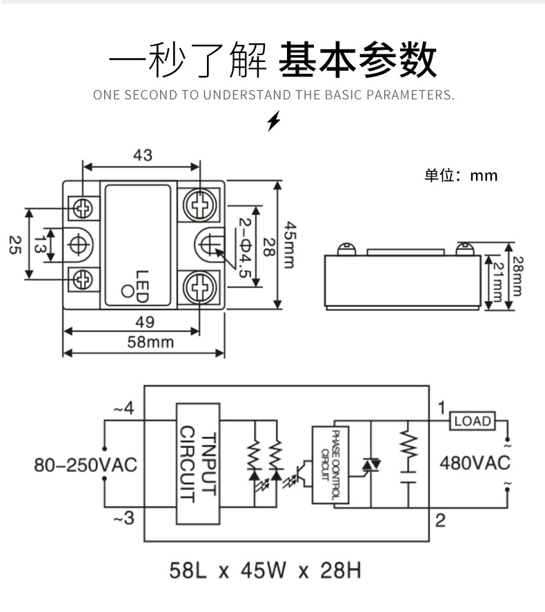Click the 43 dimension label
(142, 155)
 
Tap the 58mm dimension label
(150, 341)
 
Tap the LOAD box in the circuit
(473, 420)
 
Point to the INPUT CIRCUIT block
(198, 464)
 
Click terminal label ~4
(123, 409)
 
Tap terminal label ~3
(123, 518)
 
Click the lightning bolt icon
(274, 121)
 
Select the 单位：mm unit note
(460, 176)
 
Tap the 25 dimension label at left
(14, 245)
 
